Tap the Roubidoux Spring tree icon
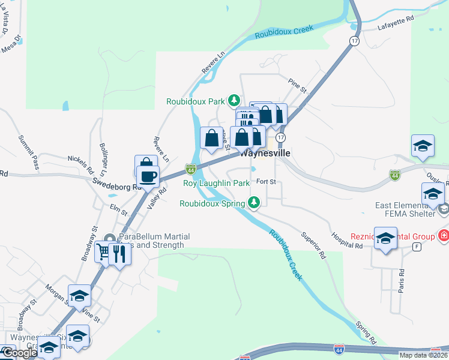[x=255, y=202]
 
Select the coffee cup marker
[x=147, y=176]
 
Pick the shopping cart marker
[x=104, y=252]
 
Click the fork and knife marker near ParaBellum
[x=119, y=254]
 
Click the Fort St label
[x=265, y=181]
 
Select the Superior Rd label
[x=313, y=245]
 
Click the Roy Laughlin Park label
[x=216, y=182]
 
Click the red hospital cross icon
[x=444, y=235]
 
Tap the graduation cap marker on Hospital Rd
[x=385, y=236]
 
